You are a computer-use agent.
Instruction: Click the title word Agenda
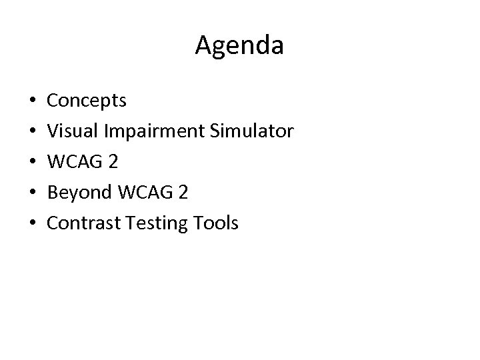(240, 46)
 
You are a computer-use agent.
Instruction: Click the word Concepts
(87, 101)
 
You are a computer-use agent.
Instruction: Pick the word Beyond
(79, 193)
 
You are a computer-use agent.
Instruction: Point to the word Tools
(215, 223)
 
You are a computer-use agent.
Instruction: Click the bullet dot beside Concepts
(33, 102)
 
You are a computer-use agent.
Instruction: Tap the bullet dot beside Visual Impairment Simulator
(33, 133)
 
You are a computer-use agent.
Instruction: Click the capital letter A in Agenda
(203, 45)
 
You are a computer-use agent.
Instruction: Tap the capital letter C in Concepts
(53, 101)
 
